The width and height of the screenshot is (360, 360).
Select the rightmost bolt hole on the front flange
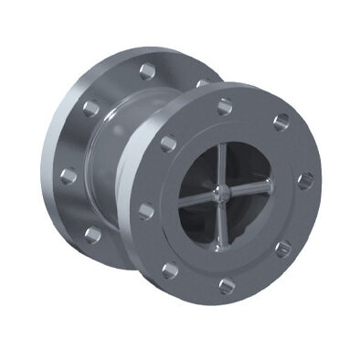pyautogui.click(x=304, y=177)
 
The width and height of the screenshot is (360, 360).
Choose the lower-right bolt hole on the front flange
pyautogui.click(x=285, y=247)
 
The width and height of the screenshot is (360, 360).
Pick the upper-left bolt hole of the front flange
pyautogui.click(x=167, y=143)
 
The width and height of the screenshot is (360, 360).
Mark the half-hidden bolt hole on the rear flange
pyautogui.click(x=201, y=83)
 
